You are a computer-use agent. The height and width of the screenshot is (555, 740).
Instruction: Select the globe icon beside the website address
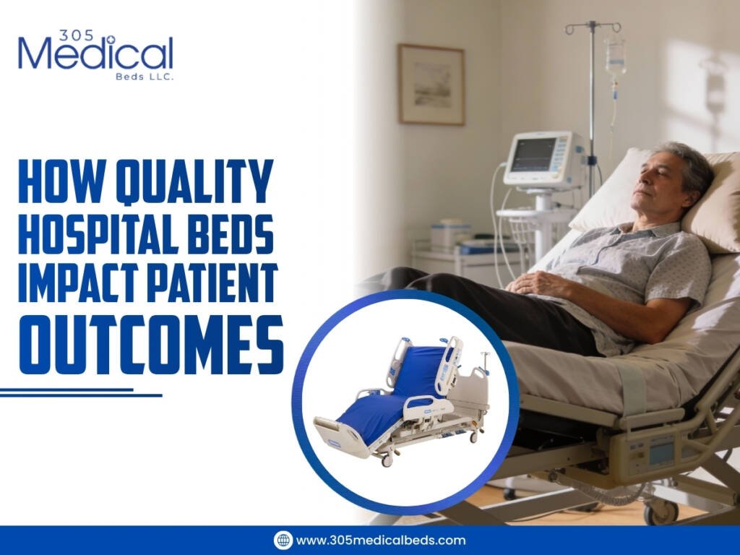[x=283, y=540]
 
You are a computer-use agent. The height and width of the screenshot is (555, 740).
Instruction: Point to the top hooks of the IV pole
[x=593, y=27]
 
